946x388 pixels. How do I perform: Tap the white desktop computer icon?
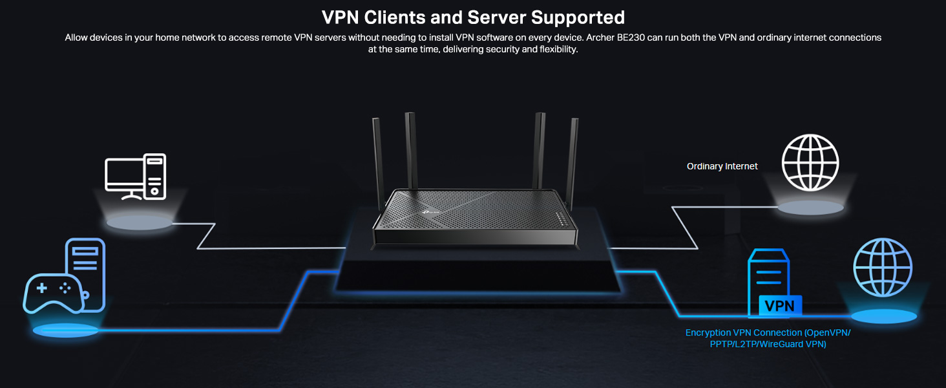(x=136, y=176)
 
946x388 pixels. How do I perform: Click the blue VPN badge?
(x=779, y=306)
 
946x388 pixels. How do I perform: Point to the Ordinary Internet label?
(x=722, y=166)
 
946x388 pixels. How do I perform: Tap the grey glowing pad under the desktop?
(x=140, y=223)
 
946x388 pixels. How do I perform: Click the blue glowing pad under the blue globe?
(x=883, y=316)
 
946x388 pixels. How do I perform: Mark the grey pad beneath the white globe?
(x=810, y=208)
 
